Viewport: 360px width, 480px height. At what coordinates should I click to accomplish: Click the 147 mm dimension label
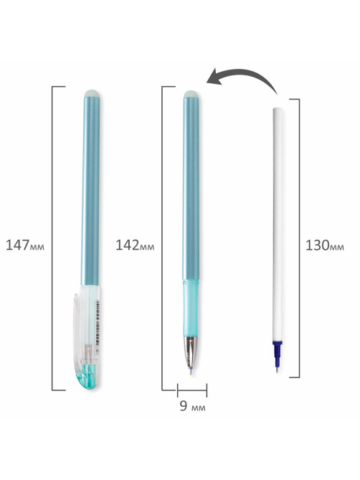point(25,245)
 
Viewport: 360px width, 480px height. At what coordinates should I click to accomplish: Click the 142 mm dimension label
point(135,245)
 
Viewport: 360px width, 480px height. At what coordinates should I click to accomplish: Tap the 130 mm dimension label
point(325,245)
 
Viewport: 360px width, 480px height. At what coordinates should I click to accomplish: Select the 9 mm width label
point(192,405)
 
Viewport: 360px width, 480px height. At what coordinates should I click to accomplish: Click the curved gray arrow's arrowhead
point(215,77)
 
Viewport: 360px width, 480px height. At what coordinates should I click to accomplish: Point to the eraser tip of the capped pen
point(92,93)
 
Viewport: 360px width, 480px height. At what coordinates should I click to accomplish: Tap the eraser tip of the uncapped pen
point(191,94)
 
